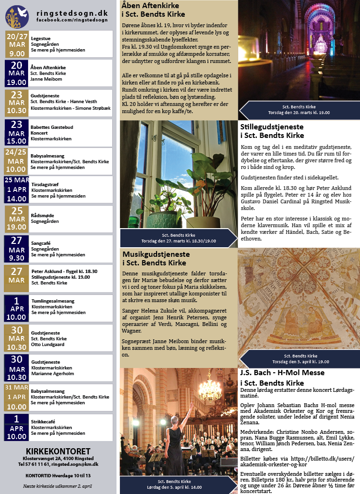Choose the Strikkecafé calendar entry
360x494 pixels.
coord(43,421)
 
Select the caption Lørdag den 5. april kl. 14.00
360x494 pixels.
coord(180,486)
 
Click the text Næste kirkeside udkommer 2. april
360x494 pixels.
coord(58,486)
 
